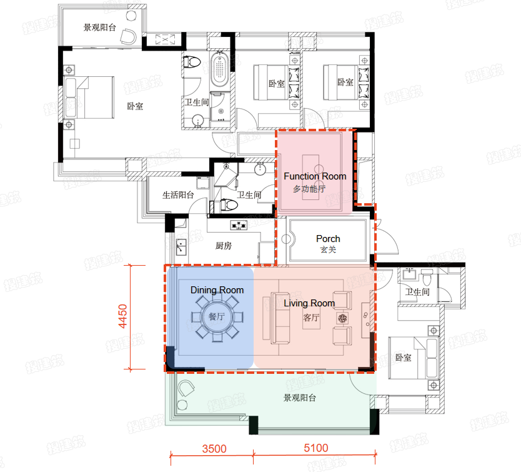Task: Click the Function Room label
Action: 315,176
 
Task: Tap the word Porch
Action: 328,239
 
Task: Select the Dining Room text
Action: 217,290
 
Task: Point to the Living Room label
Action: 309,303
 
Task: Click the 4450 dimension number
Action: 123,316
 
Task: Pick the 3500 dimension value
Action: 214,449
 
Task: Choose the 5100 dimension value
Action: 316,448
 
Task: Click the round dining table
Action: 217,316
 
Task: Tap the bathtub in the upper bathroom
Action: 219,69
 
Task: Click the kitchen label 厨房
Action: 223,246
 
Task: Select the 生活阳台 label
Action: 178,195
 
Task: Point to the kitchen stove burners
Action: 239,226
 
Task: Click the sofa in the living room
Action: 280,318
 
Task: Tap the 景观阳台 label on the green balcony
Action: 300,398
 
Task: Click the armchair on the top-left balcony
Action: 128,36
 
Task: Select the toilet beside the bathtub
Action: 192,62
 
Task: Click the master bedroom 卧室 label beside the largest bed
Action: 135,106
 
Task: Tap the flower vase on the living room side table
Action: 342,318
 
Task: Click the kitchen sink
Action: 181,247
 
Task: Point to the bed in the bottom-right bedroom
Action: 414,358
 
